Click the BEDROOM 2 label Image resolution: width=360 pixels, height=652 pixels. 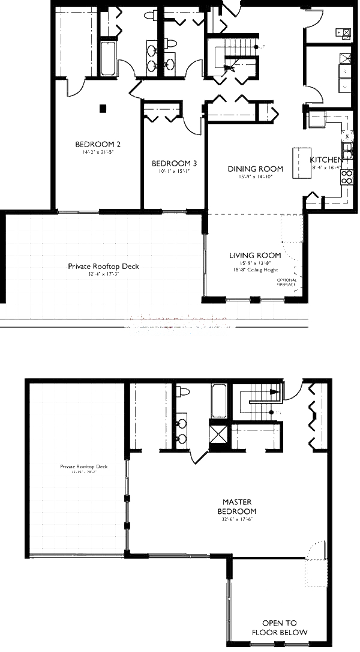click(98, 144)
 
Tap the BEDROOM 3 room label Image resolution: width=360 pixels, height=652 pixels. click(174, 163)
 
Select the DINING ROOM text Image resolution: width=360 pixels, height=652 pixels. click(255, 169)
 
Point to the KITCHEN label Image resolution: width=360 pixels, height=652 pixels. click(326, 160)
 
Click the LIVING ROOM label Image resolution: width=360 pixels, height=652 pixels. click(255, 255)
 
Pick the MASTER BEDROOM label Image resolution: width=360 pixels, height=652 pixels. click(236, 506)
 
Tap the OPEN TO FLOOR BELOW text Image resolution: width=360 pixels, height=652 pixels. click(279, 627)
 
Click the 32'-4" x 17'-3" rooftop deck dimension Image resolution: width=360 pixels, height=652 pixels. click(103, 274)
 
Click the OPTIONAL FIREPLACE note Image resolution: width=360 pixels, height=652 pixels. click(286, 282)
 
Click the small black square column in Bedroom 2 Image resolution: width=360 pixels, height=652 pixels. click(103, 109)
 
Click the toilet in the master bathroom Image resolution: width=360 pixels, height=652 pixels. click(183, 392)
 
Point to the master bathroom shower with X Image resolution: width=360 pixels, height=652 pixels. click(217, 433)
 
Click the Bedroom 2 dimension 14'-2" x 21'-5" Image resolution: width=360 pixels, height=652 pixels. click(98, 153)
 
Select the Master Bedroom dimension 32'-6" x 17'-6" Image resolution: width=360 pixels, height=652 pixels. click(236, 520)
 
